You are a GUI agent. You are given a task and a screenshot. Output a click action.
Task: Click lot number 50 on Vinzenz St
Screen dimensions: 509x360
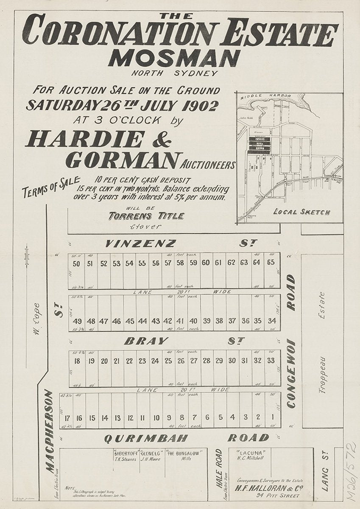coord(77,263)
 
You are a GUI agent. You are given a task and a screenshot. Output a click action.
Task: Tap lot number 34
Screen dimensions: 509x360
coord(272,321)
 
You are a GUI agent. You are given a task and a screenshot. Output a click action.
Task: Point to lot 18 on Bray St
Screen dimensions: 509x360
coord(77,361)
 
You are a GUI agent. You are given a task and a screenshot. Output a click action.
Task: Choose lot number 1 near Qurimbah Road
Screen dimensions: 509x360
coord(272,417)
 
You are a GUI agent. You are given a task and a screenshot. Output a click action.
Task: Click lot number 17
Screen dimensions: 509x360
coord(67,418)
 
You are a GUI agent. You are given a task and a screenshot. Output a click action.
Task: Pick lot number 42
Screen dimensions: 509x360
coord(168,321)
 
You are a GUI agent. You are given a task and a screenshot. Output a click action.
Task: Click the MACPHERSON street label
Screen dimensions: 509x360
coord(50,431)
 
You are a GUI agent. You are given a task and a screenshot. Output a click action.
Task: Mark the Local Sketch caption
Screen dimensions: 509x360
coord(302,212)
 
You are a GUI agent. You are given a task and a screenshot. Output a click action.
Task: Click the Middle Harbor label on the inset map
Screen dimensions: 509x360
coord(266,96)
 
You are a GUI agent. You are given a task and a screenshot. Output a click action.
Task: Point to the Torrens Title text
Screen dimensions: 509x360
coord(146,216)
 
